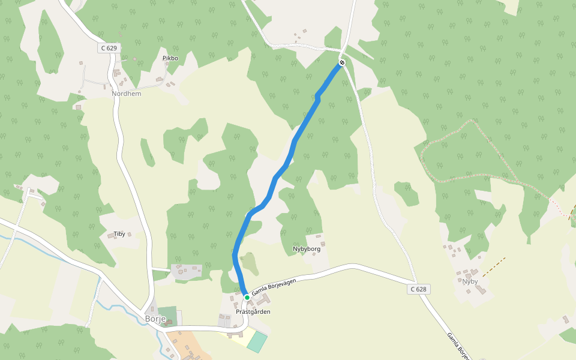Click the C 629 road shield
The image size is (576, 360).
(109, 47)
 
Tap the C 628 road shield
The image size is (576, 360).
(419, 289)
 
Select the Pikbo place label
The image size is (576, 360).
(170, 58)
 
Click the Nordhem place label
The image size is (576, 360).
(125, 94)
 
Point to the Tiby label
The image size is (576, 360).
(119, 233)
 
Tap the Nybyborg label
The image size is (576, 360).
(306, 249)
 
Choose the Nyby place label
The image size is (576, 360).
(470, 281)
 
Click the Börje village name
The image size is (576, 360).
(155, 319)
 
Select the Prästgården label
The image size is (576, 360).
(253, 312)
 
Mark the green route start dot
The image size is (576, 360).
(247, 297)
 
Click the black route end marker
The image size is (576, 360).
(342, 62)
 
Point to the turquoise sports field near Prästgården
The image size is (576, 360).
(257, 341)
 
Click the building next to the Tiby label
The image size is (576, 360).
(111, 236)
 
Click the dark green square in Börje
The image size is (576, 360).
(169, 316)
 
